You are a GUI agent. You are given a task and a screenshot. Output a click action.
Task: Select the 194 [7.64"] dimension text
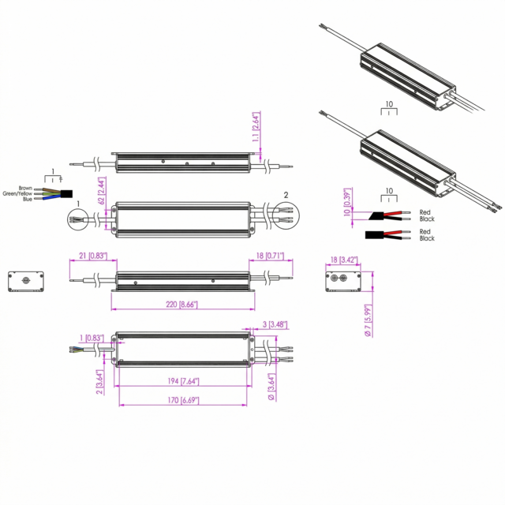pyautogui.click(x=182, y=381)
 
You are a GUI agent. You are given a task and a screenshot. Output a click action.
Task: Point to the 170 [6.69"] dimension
pyautogui.click(x=182, y=400)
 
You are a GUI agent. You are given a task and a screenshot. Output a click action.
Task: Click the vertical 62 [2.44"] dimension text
pyautogui.click(x=103, y=192)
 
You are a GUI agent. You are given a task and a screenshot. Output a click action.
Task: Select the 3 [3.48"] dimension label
pyautogui.click(x=273, y=325)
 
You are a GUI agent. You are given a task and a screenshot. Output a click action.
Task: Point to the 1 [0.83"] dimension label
pyautogui.click(x=92, y=339)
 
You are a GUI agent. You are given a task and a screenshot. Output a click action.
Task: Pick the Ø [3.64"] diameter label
pyautogui.click(x=271, y=383)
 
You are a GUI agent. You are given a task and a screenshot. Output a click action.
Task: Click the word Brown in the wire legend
pyautogui.click(x=26, y=187)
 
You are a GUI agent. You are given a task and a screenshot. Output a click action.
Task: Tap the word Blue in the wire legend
pyautogui.click(x=28, y=200)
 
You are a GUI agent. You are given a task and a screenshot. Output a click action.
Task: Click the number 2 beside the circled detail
pyautogui.click(x=286, y=194)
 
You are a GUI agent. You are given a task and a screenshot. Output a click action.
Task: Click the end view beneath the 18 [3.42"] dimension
pyautogui.click(x=343, y=280)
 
